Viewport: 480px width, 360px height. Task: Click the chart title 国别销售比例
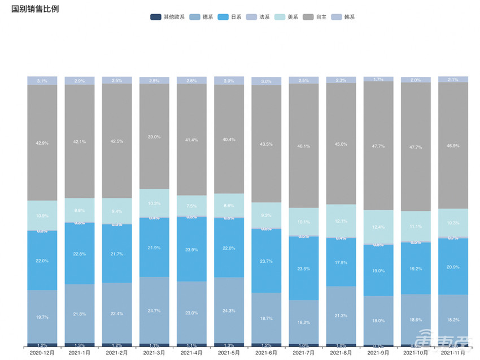pyautogui.click(x=35, y=9)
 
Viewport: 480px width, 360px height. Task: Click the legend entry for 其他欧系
pyautogui.click(x=168, y=17)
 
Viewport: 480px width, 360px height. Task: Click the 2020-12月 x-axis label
pyautogui.click(x=42, y=353)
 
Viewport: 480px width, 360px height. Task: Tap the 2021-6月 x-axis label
pyautogui.click(x=267, y=353)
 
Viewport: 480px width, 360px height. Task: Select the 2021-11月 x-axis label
pyautogui.click(x=453, y=353)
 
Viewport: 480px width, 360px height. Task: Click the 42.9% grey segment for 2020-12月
pyautogui.click(x=42, y=143)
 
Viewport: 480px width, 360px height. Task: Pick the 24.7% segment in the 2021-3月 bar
pyautogui.click(x=154, y=310)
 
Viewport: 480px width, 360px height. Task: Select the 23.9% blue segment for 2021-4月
pyautogui.click(x=191, y=249)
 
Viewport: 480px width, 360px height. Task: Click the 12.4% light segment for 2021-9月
pyautogui.click(x=378, y=227)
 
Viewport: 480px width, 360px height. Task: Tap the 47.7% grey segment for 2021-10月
pyautogui.click(x=416, y=146)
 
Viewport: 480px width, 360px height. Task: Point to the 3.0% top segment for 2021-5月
pyautogui.click(x=229, y=81)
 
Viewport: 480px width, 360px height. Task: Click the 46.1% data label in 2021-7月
pyautogui.click(x=304, y=146)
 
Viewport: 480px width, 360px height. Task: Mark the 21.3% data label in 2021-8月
pyautogui.click(x=341, y=315)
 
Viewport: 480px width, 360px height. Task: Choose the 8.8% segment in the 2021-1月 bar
pyautogui.click(x=80, y=210)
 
